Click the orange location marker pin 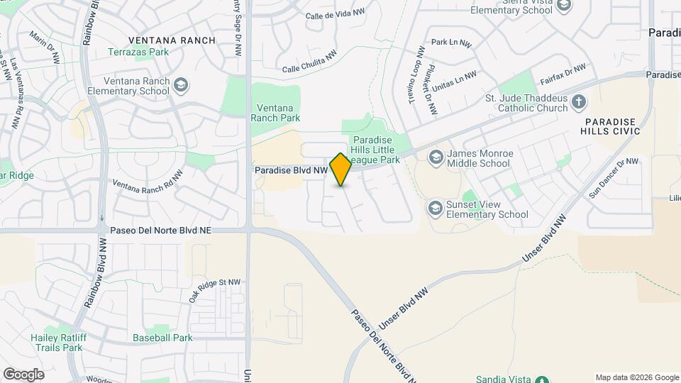340,169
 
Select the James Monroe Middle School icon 436,157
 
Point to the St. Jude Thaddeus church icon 579,102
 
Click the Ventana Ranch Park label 275,113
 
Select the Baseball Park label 162,338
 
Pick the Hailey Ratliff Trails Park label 57,343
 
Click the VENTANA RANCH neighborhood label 171,40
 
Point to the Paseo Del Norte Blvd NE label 161,231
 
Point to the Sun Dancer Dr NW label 614,177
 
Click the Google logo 23,374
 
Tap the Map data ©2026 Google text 636,377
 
